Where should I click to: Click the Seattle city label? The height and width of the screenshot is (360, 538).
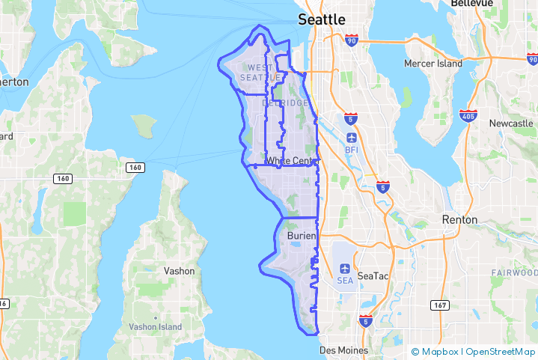322,19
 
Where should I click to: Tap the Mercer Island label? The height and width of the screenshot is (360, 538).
433,64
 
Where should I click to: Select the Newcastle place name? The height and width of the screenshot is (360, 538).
511,123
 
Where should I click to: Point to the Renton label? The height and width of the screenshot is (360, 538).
460,219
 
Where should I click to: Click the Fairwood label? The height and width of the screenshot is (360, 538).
514,272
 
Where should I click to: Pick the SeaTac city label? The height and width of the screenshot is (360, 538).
373,276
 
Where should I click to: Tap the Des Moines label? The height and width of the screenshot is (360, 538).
343,350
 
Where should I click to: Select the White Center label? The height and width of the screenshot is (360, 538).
293,160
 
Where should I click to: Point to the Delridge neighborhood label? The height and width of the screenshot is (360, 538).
285,102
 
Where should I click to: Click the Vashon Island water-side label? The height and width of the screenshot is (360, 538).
155,327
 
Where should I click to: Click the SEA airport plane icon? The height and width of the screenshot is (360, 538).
345,269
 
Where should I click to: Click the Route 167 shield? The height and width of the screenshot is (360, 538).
440,305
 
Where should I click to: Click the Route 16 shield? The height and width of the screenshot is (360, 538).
4,303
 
